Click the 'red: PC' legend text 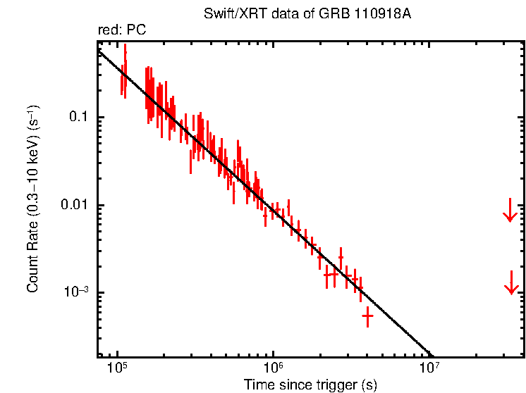pyautogui.click(x=121, y=30)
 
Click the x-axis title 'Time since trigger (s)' pyautogui.click(x=311, y=385)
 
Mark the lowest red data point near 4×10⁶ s pyautogui.click(x=367, y=317)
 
